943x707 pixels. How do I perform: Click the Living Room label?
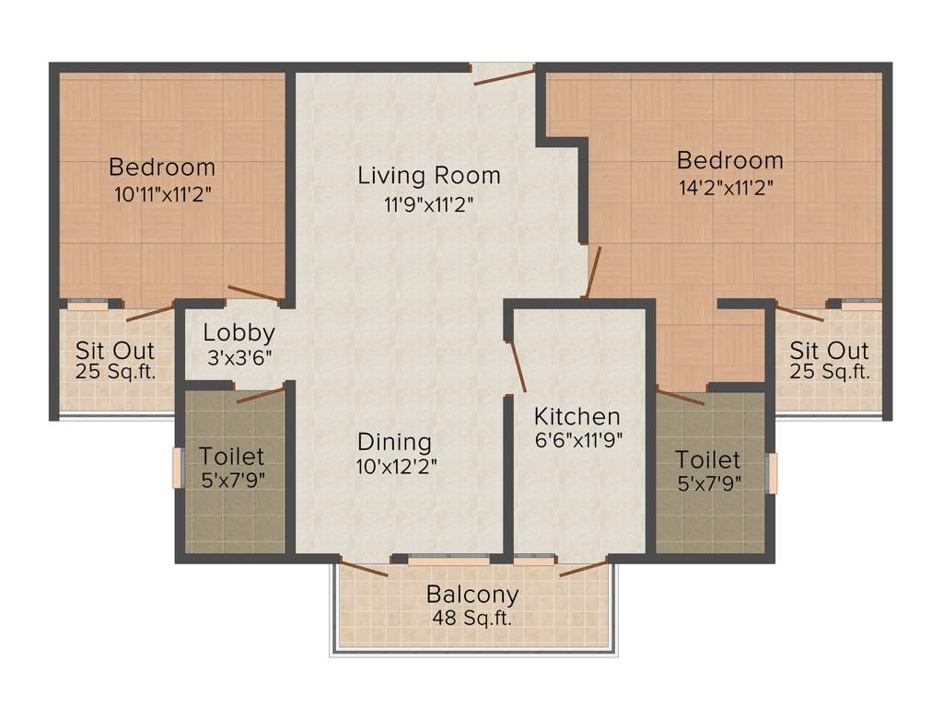pos(429,175)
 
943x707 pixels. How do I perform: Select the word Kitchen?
pos(577,416)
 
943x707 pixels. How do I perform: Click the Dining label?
pos(394,441)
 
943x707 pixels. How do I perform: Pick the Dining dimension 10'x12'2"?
pos(396,466)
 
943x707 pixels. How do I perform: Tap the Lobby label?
pos(239,333)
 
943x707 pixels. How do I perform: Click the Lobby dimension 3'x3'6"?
pos(239,357)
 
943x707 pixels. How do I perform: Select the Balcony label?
pos(472,595)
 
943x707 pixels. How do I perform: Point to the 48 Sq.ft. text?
pos(472,618)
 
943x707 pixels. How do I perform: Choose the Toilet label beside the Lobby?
pos(232,457)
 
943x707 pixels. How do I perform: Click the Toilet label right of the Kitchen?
pos(707,459)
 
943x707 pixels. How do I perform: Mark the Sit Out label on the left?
pos(115,351)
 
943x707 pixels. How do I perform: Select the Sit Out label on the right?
pos(829,351)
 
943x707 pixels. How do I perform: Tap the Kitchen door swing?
pos(517,365)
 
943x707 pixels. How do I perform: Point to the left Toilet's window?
pos(178,468)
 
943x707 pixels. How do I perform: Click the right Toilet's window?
pos(772,473)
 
